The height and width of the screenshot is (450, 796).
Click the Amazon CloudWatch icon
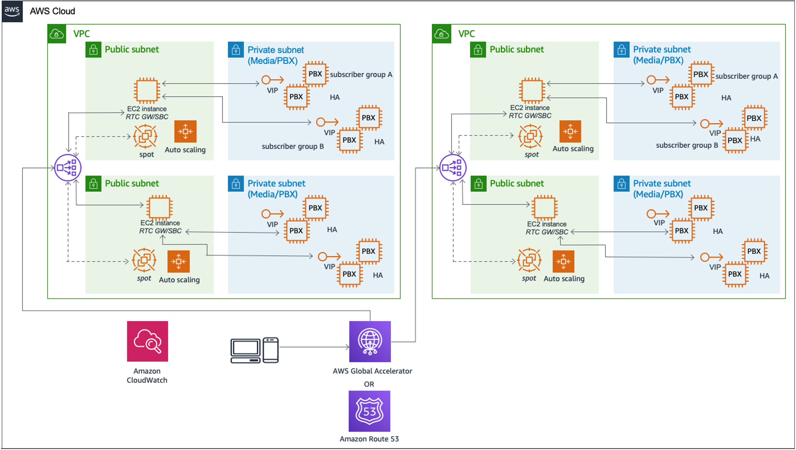tap(147, 341)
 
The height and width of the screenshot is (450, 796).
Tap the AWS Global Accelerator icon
tap(370, 341)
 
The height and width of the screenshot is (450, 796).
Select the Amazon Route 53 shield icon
tap(369, 411)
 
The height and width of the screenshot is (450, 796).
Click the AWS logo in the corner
tap(12, 11)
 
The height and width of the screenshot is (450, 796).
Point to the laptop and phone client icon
tap(254, 350)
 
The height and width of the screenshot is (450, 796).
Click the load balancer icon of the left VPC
tap(68, 167)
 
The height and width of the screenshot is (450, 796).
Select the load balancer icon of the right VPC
tap(453, 167)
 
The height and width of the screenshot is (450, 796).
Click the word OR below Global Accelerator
tap(369, 384)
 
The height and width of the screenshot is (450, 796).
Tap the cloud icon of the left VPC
tap(57, 34)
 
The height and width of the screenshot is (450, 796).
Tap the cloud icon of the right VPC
tap(441, 34)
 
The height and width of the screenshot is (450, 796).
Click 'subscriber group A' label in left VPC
tap(361, 74)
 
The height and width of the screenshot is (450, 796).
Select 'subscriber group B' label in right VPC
tap(687, 145)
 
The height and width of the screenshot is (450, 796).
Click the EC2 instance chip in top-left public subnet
tap(147, 90)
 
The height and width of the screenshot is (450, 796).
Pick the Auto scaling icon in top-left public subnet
tap(185, 131)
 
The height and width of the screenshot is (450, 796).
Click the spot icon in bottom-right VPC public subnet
tap(529, 260)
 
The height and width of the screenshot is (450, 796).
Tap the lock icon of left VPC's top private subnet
tap(236, 50)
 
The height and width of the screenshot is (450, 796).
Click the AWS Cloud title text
tap(52, 11)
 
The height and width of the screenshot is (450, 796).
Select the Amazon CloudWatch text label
tap(147, 376)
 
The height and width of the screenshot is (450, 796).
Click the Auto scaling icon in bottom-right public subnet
tap(563, 261)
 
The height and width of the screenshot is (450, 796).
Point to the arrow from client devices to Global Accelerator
tap(314, 347)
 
